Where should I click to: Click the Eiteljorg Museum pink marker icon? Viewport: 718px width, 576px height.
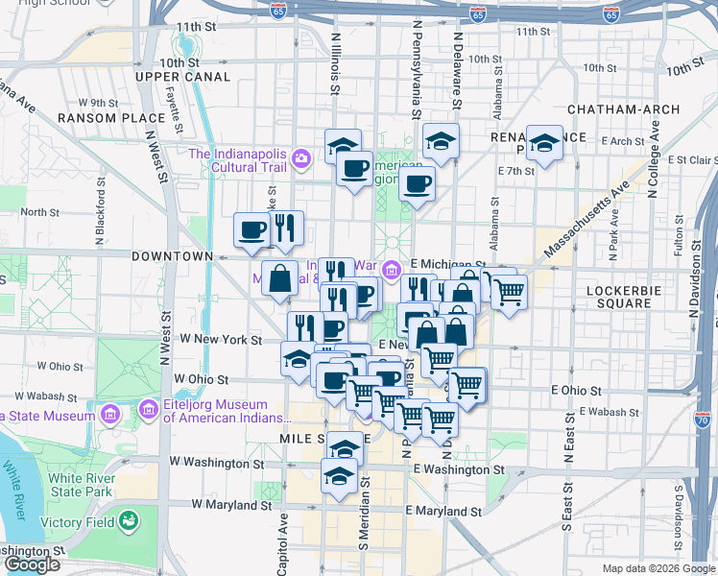pos(149,411)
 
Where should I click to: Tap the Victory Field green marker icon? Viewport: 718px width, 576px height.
pos(127,522)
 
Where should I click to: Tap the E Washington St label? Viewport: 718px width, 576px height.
pos(459,469)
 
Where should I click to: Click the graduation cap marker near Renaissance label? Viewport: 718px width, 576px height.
pos(544,144)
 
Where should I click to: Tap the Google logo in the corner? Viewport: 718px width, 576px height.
pos(32,564)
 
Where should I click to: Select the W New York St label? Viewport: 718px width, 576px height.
pos(227,340)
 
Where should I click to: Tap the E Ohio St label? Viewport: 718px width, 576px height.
pos(576,391)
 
